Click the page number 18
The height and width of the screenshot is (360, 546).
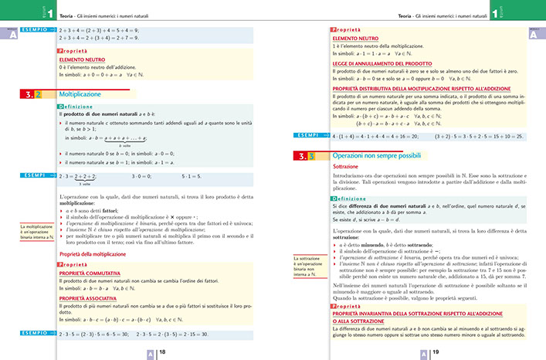(162, 352)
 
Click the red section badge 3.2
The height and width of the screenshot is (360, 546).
(32, 95)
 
